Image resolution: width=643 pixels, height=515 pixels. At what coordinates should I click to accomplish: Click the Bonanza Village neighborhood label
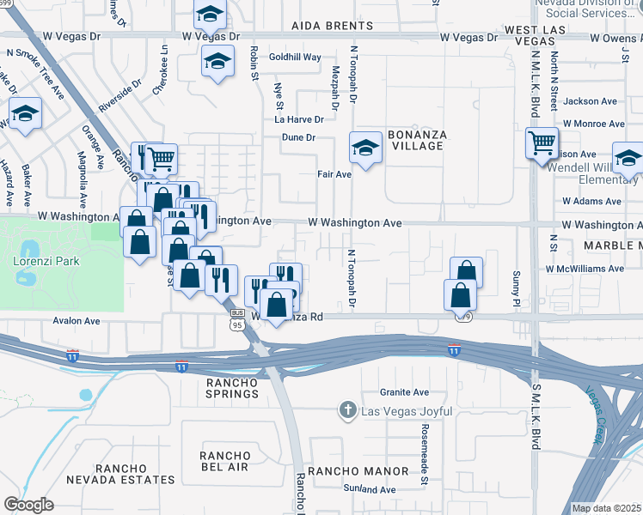click(x=414, y=140)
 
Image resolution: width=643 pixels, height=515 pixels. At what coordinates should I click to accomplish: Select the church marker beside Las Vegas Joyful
click(x=346, y=411)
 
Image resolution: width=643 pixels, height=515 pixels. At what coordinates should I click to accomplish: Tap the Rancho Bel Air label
click(x=224, y=461)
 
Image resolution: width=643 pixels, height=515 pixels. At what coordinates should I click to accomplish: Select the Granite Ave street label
click(x=408, y=392)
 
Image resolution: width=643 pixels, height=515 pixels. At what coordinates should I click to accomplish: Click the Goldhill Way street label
click(x=295, y=57)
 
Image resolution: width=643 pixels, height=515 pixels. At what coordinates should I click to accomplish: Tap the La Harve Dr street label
click(x=298, y=119)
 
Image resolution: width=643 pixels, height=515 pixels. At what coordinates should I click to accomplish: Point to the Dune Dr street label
click(x=299, y=137)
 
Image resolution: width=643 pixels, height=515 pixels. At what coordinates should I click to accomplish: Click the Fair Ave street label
click(x=334, y=174)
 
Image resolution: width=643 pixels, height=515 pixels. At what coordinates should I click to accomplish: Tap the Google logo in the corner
click(x=28, y=504)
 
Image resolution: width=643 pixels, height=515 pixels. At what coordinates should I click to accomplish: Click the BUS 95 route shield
click(x=237, y=321)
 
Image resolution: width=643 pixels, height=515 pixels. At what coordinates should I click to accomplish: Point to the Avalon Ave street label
click(x=77, y=321)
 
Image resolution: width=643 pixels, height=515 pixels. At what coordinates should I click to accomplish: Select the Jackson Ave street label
click(x=591, y=100)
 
